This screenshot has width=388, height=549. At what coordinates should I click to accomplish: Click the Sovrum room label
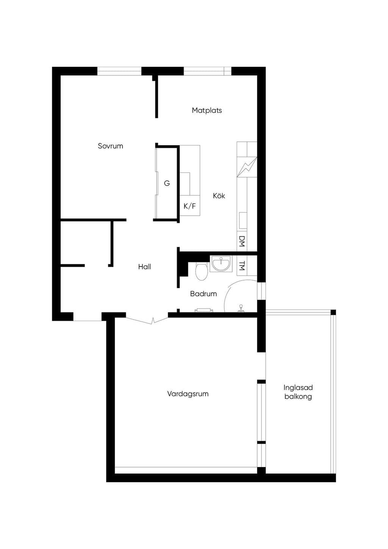(110, 146)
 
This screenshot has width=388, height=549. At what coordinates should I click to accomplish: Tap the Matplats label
(207, 111)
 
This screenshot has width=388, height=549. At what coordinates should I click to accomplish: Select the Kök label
(219, 196)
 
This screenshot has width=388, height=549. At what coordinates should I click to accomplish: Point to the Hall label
(144, 267)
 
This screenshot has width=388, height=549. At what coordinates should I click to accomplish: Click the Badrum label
(203, 293)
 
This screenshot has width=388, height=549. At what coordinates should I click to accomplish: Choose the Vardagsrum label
(188, 394)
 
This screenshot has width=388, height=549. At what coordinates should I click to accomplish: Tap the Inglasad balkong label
(298, 392)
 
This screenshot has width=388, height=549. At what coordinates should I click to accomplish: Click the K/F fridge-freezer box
(190, 206)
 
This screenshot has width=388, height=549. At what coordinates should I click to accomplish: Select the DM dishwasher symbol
(242, 241)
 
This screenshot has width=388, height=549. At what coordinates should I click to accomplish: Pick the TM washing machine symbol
(242, 266)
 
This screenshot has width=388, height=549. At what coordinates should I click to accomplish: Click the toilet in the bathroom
(202, 271)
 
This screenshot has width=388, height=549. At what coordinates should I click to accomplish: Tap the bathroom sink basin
(221, 264)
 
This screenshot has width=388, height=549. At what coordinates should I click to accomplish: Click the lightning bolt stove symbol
(247, 167)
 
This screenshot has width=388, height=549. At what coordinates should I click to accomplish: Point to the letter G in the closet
(167, 183)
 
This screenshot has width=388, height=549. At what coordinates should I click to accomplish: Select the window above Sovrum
(119, 71)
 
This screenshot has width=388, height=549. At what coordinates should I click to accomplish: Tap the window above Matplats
(208, 71)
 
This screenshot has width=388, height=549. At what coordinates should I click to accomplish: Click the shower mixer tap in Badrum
(241, 308)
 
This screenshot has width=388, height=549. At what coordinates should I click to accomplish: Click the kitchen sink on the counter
(243, 221)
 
